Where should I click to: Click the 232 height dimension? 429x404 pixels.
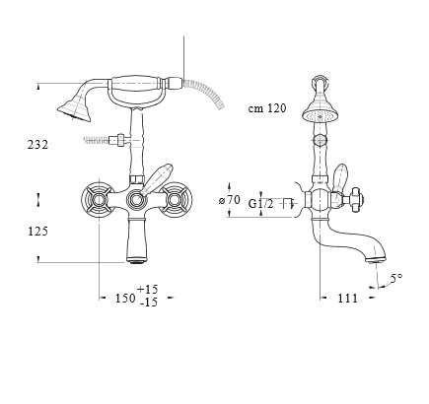(x=37, y=145)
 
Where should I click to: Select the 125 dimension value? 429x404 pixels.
(x=37, y=232)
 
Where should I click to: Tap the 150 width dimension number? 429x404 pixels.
(x=125, y=299)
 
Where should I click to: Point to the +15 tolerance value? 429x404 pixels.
(x=148, y=290)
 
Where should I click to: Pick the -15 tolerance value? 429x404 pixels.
(x=148, y=302)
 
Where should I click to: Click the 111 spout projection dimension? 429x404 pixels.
(x=347, y=299)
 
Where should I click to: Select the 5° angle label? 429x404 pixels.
(x=396, y=278)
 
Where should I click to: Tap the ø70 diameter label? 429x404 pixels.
(x=230, y=200)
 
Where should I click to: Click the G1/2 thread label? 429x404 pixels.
(x=260, y=204)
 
